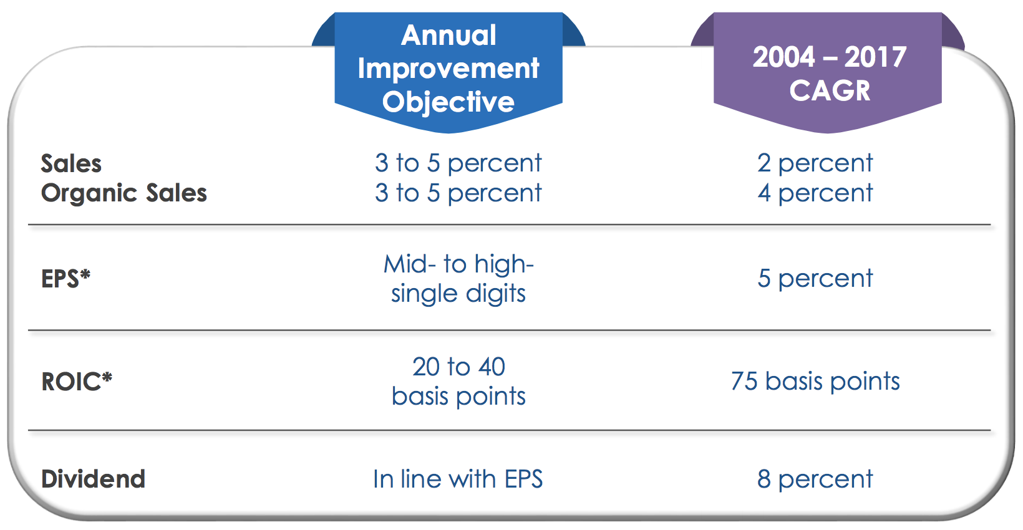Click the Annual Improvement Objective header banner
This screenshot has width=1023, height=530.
tap(448, 72)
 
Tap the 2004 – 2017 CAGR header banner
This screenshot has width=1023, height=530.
tap(828, 72)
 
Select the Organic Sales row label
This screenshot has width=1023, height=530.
tap(124, 193)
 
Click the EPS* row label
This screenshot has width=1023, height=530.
tap(65, 279)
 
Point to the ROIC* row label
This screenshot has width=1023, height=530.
tap(77, 382)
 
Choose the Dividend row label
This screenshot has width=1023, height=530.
tap(93, 479)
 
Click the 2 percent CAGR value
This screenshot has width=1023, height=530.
tap(815, 163)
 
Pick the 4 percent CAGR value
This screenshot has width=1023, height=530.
tap(815, 193)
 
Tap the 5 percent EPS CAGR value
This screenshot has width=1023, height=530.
tap(815, 279)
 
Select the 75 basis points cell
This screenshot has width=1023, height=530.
tap(815, 381)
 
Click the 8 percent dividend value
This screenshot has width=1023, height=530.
tap(815, 479)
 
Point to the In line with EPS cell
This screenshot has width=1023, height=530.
tap(458, 479)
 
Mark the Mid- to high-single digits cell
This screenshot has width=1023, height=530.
tap(458, 279)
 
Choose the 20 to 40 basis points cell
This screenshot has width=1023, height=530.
tap(458, 381)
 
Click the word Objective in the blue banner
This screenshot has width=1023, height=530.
tap(448, 102)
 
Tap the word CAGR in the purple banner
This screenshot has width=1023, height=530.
tap(830, 90)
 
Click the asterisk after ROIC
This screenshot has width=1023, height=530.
tap(107, 377)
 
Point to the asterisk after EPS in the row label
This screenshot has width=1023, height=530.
tap(85, 274)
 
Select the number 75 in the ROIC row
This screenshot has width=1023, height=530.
tap(744, 381)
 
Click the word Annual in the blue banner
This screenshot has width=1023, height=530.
tap(448, 36)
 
